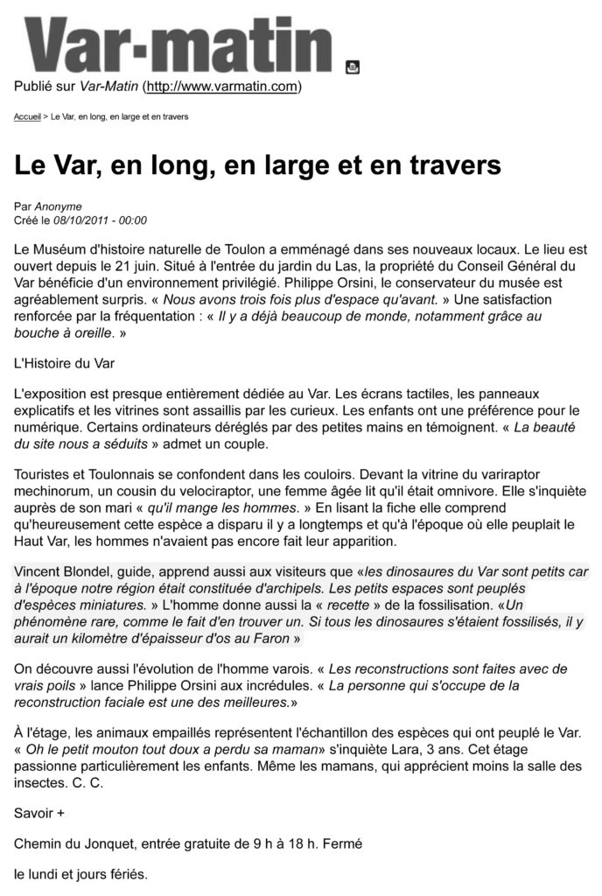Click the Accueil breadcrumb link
point(27,116)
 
